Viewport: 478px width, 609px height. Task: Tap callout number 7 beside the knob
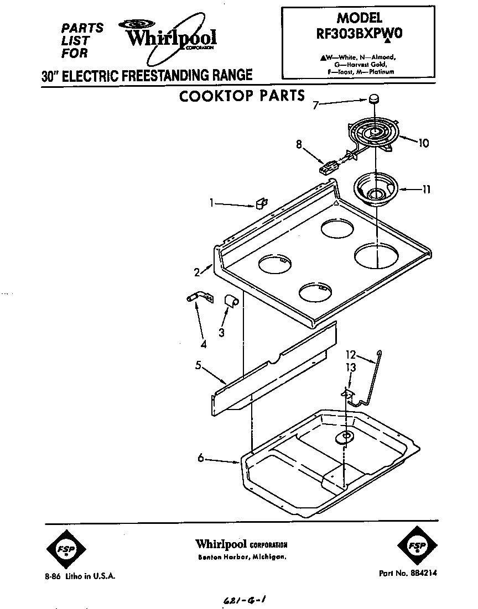tap(315, 104)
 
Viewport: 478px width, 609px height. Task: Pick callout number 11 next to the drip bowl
tap(427, 190)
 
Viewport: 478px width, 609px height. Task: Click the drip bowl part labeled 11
tap(376, 191)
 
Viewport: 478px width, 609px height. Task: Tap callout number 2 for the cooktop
tap(196, 272)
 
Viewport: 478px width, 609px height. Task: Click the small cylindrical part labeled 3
tap(231, 301)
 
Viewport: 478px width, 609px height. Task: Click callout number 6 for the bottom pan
tap(201, 457)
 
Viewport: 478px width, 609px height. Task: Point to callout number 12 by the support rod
tap(350, 356)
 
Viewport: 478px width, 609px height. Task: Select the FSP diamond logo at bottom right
tap(416, 547)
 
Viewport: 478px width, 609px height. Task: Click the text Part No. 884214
tap(408, 574)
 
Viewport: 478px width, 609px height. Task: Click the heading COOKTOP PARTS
tap(242, 96)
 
